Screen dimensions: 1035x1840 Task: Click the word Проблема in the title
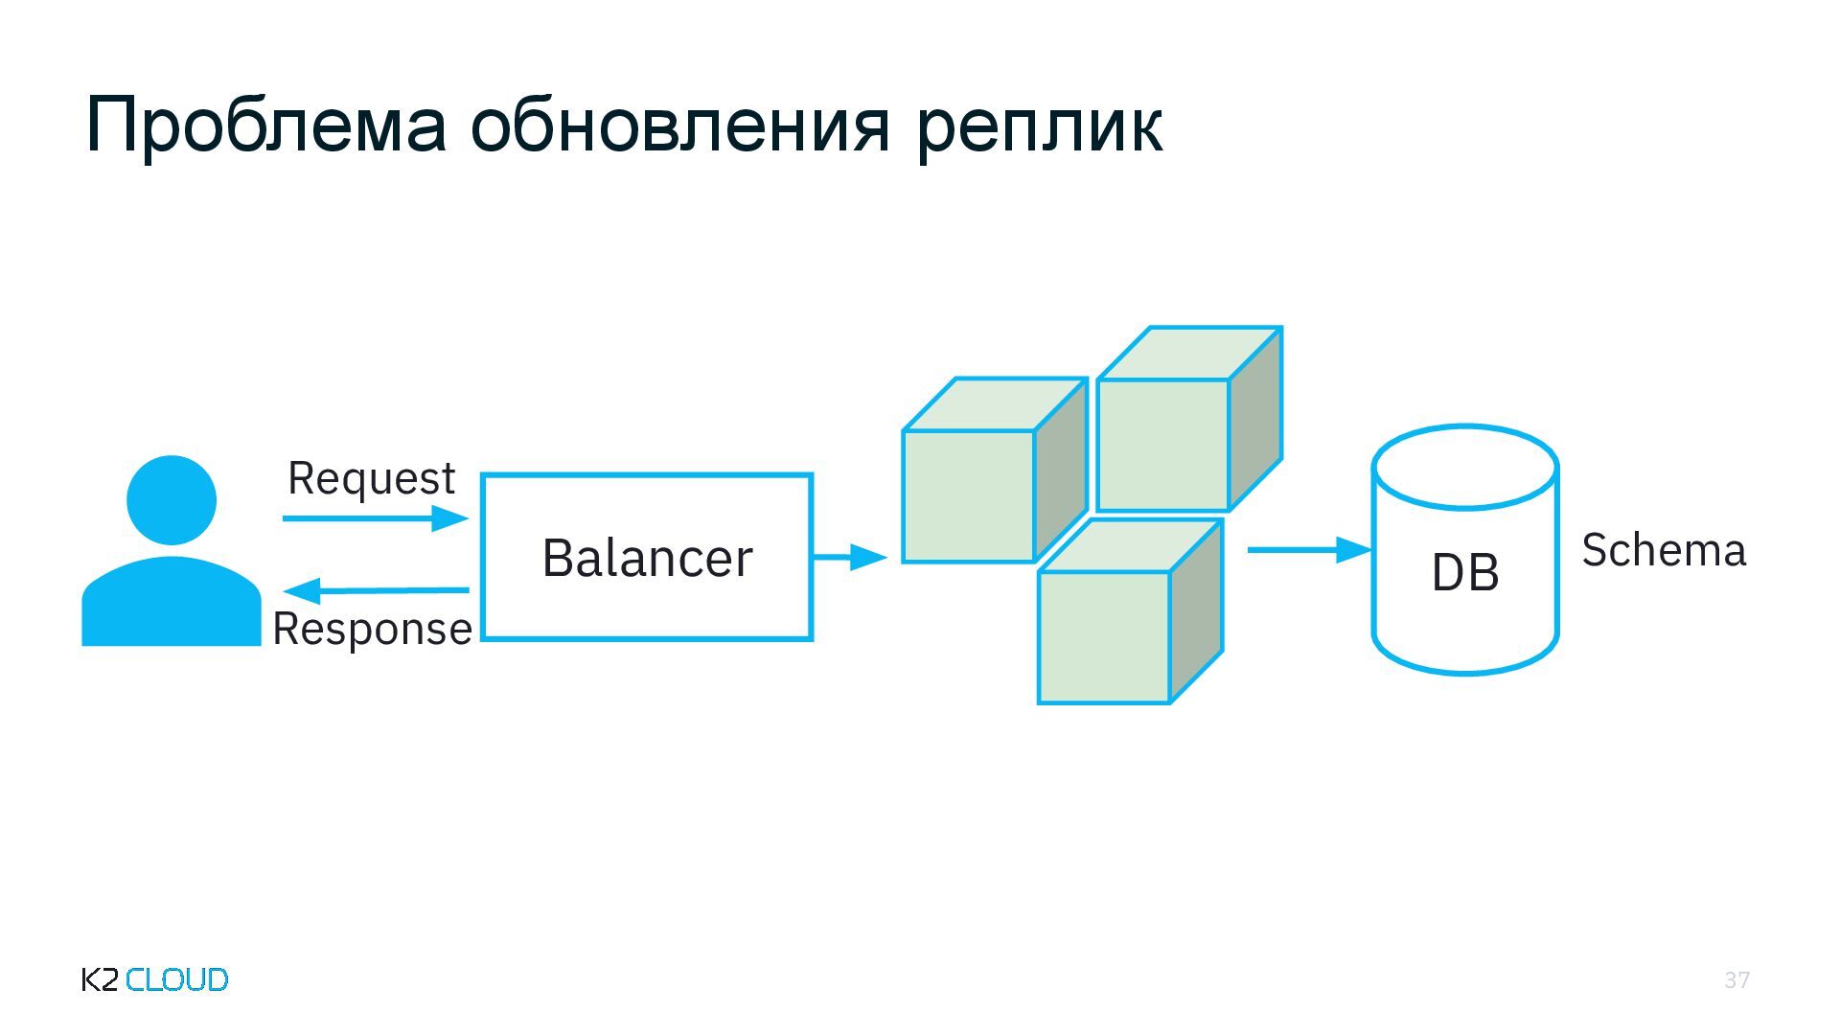[265, 126]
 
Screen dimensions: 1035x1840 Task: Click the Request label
[371, 478]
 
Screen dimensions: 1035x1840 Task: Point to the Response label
[372, 630]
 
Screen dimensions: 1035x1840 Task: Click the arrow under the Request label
[375, 518]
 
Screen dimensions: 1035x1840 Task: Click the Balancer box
[647, 557]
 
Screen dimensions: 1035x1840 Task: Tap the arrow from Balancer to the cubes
[849, 556]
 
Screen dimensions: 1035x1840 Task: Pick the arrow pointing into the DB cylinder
[1309, 550]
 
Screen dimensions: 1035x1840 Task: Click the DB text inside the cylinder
[1464, 573]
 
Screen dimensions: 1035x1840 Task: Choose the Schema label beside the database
[1664, 550]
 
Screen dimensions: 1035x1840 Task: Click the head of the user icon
[172, 499]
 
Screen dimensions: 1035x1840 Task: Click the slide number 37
[1736, 979]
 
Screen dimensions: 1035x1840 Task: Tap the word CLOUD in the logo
[177, 979]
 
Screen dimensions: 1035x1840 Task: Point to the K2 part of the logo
[101, 979]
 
